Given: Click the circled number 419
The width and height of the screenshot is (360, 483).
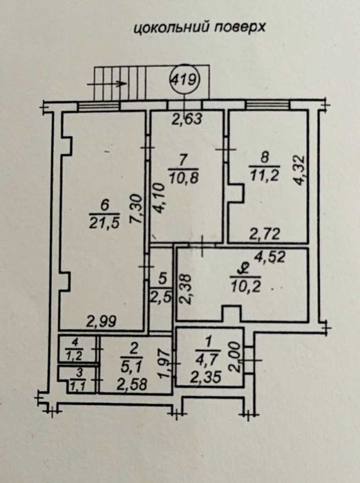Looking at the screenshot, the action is tap(184, 81).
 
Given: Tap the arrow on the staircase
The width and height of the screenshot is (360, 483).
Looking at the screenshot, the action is tap(107, 83).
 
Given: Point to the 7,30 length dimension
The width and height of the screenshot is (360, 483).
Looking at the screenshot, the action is tap(136, 209).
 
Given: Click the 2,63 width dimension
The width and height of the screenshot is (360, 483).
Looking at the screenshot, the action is tap(187, 119).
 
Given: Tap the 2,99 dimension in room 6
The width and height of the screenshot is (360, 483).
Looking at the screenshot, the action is tap(102, 322).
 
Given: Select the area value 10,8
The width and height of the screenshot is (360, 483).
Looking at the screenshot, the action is tap(183, 178).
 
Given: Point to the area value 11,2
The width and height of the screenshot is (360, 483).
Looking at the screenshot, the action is tap(264, 176).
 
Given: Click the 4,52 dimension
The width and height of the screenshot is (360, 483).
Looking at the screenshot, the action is tap(270, 256).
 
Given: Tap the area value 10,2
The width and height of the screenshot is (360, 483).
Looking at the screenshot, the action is tap(245, 287).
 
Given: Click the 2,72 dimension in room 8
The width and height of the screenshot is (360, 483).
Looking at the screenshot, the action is tap(265, 235).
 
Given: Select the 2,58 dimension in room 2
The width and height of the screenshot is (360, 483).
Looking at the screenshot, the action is tap(133, 385).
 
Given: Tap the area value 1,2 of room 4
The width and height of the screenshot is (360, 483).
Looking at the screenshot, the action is tap(74, 356).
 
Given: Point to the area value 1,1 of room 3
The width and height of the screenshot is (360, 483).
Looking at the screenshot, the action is tap(79, 386).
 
